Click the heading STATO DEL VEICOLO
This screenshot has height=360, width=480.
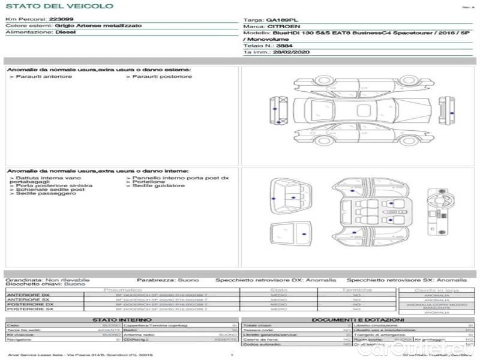click(59, 6)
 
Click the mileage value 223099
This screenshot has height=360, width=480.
click(61, 19)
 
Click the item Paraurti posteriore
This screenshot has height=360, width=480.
click(161, 76)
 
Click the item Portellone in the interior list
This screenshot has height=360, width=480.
click(147, 182)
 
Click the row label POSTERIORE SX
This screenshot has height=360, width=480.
click(30, 309)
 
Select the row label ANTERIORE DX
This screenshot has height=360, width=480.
click(29, 295)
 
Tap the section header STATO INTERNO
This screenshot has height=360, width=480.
click(122, 320)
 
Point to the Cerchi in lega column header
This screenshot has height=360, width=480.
click(436, 290)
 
